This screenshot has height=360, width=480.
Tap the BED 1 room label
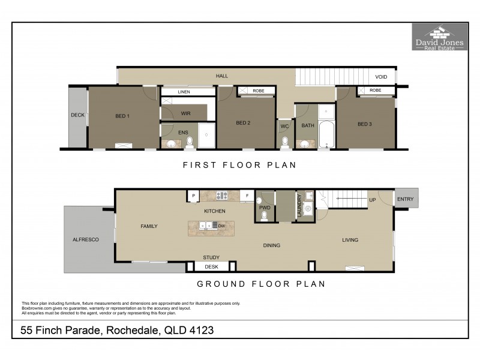(122, 116)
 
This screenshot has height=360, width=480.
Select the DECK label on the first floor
(77, 115)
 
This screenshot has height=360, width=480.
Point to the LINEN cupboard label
(184, 92)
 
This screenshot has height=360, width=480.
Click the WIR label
(185, 112)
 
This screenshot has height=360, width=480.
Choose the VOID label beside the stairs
(381, 77)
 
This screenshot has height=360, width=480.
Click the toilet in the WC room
(285, 142)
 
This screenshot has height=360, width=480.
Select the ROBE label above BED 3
(376, 91)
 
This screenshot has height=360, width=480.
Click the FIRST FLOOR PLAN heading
(239, 164)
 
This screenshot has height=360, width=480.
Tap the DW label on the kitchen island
(221, 226)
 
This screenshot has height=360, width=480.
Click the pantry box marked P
(194, 196)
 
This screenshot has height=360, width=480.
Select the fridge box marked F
(247, 196)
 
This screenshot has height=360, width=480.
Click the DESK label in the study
(211, 266)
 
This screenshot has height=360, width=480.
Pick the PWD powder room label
(265, 208)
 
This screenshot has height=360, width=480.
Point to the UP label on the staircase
(372, 200)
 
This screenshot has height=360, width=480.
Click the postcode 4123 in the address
(199, 330)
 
